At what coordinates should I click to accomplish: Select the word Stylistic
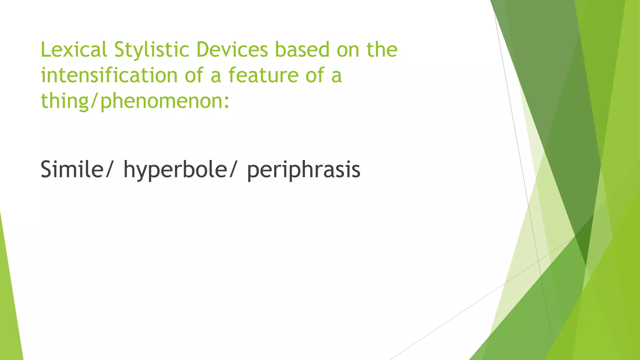point(152,50)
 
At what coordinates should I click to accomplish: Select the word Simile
point(72,169)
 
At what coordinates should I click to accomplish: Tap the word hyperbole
point(175,169)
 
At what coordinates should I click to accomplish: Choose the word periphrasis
point(304,169)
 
